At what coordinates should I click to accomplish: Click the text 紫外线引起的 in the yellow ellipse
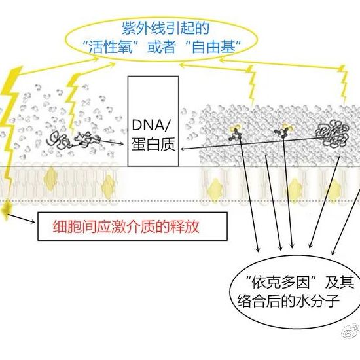point(166,28)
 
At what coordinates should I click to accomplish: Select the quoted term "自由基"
point(214,47)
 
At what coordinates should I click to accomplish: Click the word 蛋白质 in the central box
point(153,144)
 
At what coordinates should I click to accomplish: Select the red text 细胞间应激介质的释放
point(126,227)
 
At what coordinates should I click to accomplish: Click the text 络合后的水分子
point(289,300)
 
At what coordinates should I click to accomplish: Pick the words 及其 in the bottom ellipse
point(339,281)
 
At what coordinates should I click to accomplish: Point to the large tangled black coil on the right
point(332,134)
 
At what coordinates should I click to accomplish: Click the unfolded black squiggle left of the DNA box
point(74,139)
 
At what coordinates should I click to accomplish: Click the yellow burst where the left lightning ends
point(5,209)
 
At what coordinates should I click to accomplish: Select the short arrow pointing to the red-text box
point(21,219)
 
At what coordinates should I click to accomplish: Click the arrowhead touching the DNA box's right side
point(183,149)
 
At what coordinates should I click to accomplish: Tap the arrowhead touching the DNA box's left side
point(121,144)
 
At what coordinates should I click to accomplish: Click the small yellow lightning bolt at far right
point(344,84)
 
